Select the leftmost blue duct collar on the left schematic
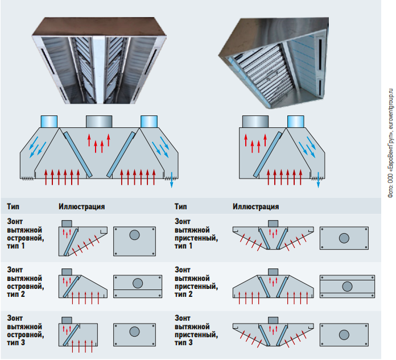pyautogui.click(x=48, y=121)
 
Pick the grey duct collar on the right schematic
pyautogui.click(x=255, y=121)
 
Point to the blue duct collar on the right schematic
pyautogui.click(x=295, y=121)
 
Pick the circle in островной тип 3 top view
pyautogui.click(x=134, y=332)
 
